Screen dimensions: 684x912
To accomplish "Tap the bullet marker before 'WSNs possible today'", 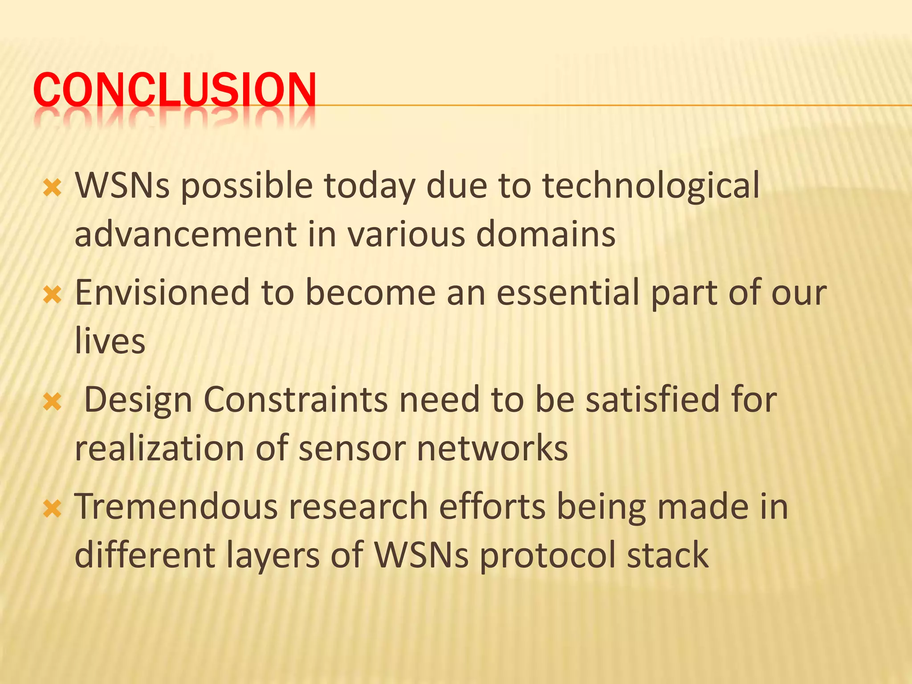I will (x=52, y=188).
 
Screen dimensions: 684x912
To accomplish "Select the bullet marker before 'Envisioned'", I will (x=52, y=296).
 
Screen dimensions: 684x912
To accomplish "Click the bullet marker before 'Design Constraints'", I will (x=52, y=403).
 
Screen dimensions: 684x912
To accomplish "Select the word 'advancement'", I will (x=185, y=234).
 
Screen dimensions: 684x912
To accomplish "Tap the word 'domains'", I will (x=546, y=234).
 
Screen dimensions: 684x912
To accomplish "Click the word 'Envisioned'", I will (x=162, y=293).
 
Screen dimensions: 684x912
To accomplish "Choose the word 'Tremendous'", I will (x=176, y=507).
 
